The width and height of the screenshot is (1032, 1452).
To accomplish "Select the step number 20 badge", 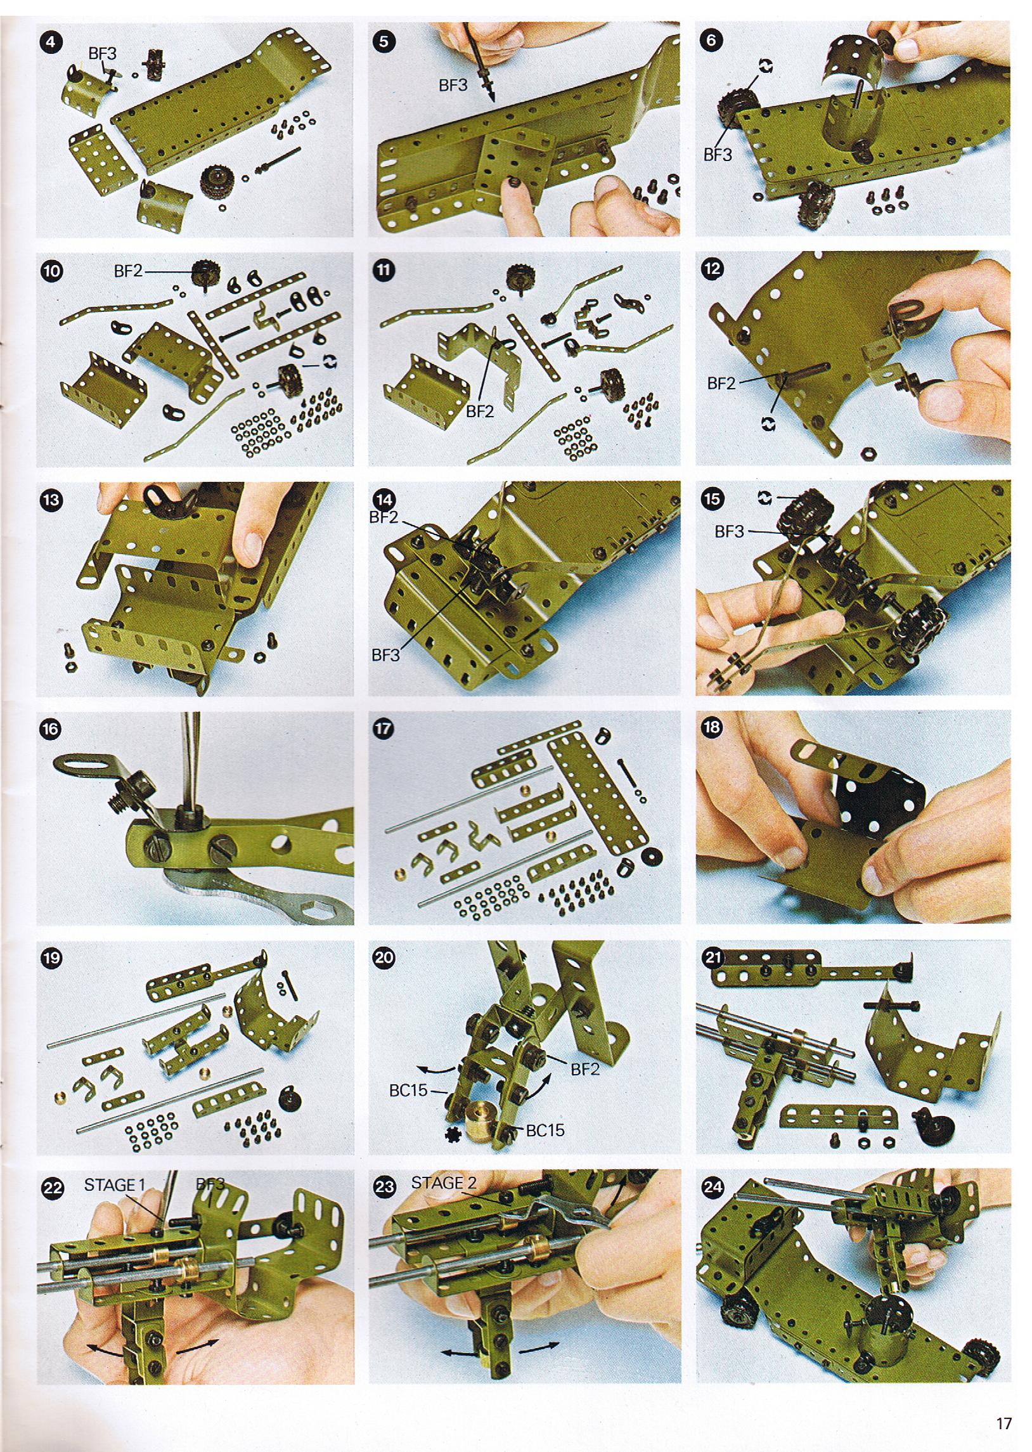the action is (x=383, y=957).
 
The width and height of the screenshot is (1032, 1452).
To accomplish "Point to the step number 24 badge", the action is (x=713, y=1186).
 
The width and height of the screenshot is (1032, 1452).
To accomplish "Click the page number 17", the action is (x=1003, y=1418).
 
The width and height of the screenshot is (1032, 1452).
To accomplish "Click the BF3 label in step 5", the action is (x=453, y=85).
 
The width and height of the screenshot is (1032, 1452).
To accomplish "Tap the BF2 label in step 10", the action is (x=127, y=271).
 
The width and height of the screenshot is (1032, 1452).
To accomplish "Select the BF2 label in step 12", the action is (x=721, y=384).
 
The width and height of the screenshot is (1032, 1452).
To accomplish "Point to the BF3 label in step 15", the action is (x=729, y=531).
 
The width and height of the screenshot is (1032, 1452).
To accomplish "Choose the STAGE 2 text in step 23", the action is (x=444, y=1183).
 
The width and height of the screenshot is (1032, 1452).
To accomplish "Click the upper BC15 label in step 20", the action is (x=410, y=1091).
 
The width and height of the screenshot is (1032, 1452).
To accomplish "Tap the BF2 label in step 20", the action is (x=584, y=1069).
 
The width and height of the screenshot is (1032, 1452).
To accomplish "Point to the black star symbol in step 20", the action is (x=455, y=1136).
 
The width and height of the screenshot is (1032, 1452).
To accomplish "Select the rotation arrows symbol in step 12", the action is (x=768, y=422).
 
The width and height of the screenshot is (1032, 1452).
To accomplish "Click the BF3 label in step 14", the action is (x=385, y=654).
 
